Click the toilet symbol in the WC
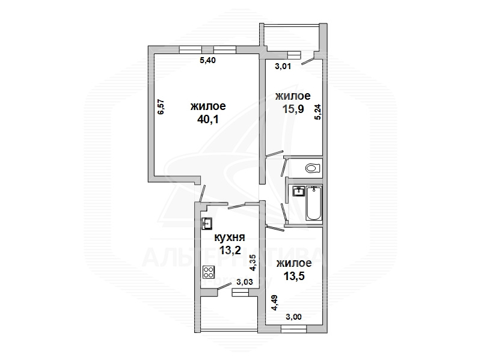(x=313, y=168)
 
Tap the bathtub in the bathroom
(x=314, y=203)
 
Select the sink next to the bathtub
(x=298, y=191)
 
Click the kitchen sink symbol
(x=207, y=224)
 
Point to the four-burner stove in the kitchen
(x=209, y=272)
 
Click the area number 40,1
(x=208, y=119)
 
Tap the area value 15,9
(x=293, y=109)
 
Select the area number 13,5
(x=294, y=276)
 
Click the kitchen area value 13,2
(x=230, y=251)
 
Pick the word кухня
(x=230, y=237)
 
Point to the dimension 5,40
(x=207, y=61)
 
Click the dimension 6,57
(x=161, y=107)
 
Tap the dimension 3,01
(x=283, y=66)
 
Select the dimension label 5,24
(x=318, y=112)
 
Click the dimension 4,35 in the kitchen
(x=253, y=263)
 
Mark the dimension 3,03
(x=245, y=282)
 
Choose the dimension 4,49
(x=275, y=303)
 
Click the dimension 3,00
(x=293, y=317)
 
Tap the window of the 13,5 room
(x=293, y=329)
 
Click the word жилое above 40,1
(x=208, y=106)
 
